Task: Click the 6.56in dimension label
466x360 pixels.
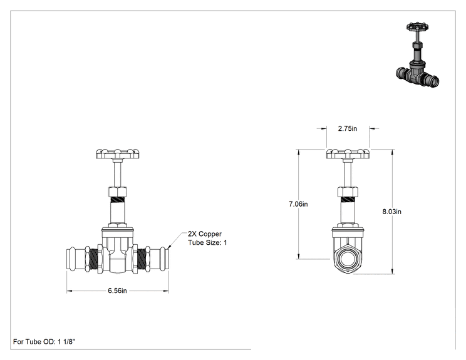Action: pos(117,291)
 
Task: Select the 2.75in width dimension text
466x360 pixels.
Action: pos(348,128)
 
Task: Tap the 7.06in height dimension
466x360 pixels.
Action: pos(298,204)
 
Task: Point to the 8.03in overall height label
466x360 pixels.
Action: pos(391,212)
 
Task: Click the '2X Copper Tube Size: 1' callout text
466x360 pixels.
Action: pos(207,238)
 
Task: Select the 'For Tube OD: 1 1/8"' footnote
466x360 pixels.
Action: pos(44,342)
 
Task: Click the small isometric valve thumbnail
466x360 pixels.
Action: pos(418,54)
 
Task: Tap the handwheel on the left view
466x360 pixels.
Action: pos(117,154)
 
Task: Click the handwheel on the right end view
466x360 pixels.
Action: pos(348,154)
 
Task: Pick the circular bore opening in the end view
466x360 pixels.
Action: pos(348,259)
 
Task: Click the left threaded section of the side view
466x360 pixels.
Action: pos(93,259)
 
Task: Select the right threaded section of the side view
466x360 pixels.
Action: pos(142,259)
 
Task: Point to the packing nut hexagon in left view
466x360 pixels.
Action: pos(118,192)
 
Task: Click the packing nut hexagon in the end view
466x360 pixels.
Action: pos(348,192)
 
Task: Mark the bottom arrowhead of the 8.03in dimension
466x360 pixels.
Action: pos(392,271)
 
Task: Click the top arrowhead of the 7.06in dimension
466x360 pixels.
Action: pos(299,152)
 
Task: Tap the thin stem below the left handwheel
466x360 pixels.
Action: pos(118,173)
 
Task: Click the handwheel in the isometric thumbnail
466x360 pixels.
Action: pos(417,27)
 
